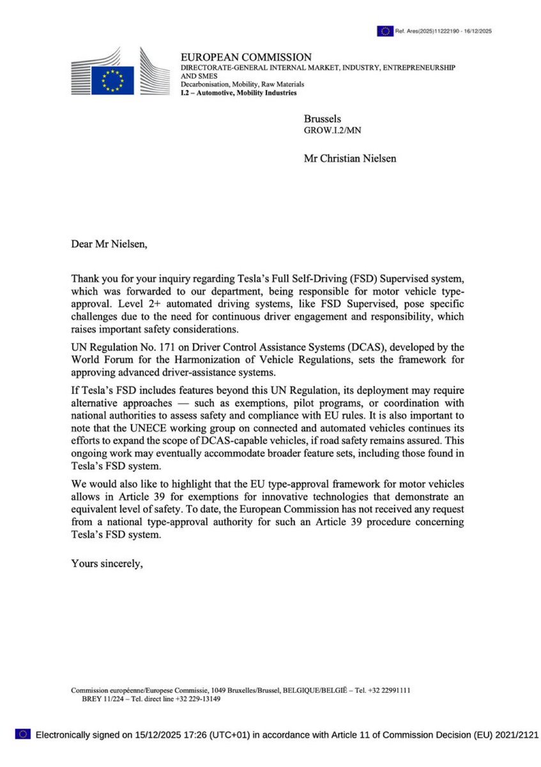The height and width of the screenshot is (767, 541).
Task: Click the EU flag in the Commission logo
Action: pyautogui.click(x=113, y=81)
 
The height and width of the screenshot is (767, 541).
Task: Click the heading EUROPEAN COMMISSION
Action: pyautogui.click(x=246, y=58)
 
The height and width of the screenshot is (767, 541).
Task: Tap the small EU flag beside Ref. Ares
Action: pyautogui.click(x=385, y=31)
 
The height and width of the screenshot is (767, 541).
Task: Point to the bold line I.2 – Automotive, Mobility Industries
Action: pyautogui.click(x=239, y=93)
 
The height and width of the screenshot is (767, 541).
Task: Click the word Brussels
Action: pyautogui.click(x=323, y=119)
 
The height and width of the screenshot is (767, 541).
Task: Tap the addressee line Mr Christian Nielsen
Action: pyautogui.click(x=349, y=158)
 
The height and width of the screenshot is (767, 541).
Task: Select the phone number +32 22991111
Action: pyautogui.click(x=388, y=690)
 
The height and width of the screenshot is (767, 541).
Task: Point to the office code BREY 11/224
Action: pyautogui.click(x=103, y=699)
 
